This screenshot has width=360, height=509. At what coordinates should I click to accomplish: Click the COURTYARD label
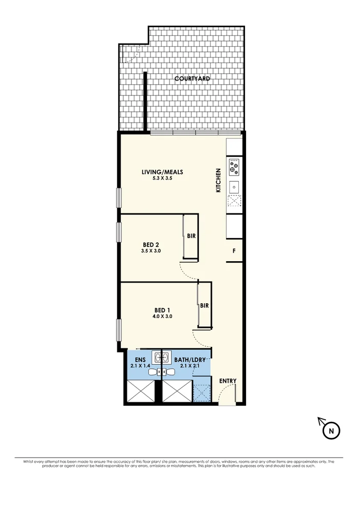192,79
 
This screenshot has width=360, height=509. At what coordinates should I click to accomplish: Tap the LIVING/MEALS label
162,172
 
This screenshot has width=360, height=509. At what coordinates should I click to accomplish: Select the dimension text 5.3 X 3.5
162,179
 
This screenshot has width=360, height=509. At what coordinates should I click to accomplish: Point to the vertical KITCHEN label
218,181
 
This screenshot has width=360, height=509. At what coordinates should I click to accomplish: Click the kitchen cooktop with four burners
234,166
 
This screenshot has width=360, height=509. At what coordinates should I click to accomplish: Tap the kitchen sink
234,186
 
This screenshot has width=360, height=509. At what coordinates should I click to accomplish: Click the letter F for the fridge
234,251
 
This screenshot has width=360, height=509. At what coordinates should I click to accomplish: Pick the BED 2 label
151,244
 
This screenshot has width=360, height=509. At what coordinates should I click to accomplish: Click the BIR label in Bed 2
191,237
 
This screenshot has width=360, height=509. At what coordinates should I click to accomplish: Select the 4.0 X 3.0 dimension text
162,317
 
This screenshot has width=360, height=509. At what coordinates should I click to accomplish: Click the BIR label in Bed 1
204,306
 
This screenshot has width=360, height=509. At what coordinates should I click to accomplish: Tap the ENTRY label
228,381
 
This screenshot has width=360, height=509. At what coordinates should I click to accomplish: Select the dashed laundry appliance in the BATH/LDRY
202,393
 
